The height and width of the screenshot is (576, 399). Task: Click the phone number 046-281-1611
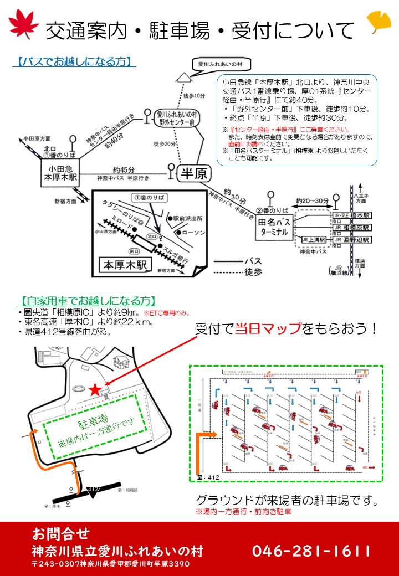(311, 551)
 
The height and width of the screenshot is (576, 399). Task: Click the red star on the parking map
(95, 390)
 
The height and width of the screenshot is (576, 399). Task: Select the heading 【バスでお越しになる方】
(74, 61)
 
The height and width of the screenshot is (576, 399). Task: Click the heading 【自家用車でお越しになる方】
(88, 301)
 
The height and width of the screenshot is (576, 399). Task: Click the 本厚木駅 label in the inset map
(125, 265)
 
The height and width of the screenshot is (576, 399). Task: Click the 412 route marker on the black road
(93, 489)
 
